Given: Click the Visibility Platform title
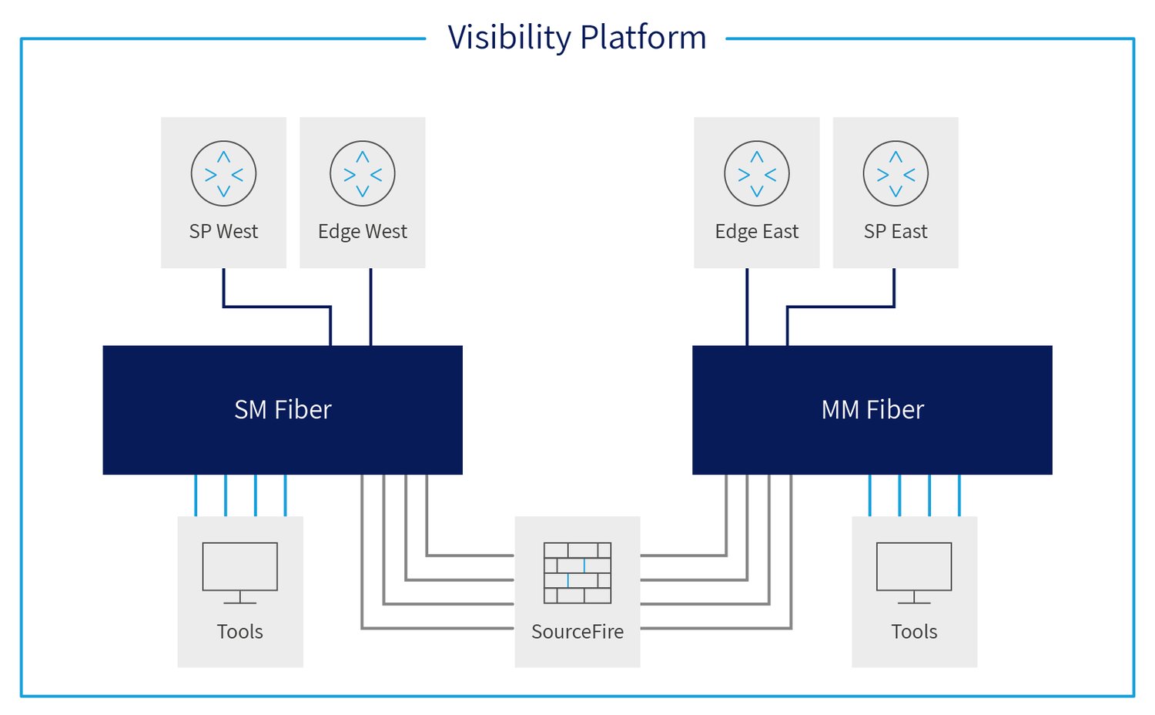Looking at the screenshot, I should (577, 37).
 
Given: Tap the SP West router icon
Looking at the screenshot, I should (223, 173).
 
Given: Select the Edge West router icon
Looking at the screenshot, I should (363, 173).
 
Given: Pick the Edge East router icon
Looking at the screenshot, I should (756, 173).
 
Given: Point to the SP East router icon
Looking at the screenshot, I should (896, 173).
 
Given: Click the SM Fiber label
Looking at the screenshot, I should (283, 410).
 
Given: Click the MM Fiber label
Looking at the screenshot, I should (872, 410).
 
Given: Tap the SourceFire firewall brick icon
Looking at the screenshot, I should (577, 572).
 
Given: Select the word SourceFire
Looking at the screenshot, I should (577, 632).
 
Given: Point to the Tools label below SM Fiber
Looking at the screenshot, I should (240, 632).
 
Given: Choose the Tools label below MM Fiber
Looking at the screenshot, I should (914, 632).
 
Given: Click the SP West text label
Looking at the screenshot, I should (223, 232).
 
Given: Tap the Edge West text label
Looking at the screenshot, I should (363, 232).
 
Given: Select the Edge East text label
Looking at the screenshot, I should (756, 232).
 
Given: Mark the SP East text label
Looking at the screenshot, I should (896, 232).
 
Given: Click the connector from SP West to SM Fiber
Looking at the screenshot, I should (277, 307).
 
